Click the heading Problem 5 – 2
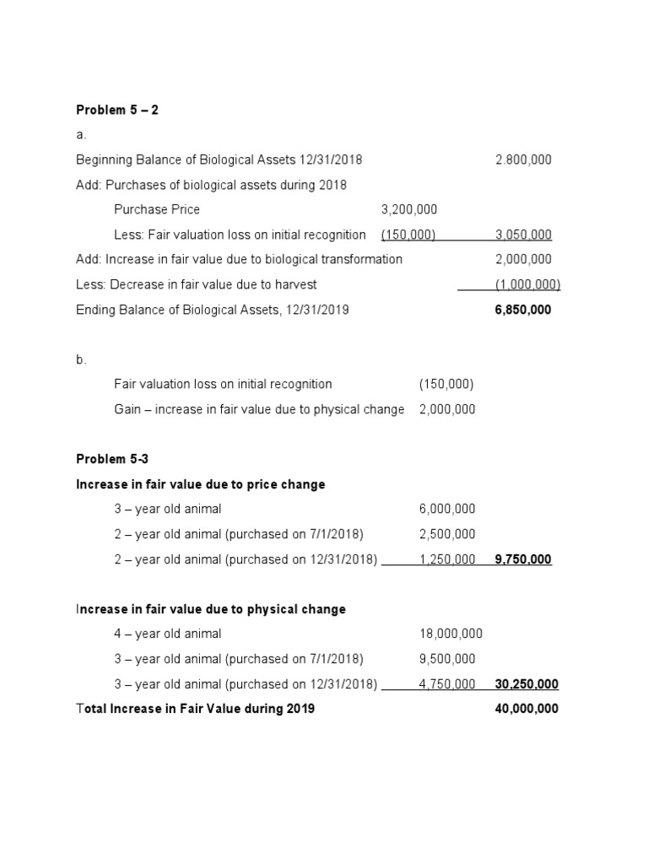click(x=117, y=110)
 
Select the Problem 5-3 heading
click(x=111, y=459)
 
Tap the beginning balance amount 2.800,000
click(x=523, y=159)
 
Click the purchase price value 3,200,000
click(x=409, y=209)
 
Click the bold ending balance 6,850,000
click(x=523, y=310)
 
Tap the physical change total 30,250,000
click(x=526, y=684)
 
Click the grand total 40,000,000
click(x=526, y=709)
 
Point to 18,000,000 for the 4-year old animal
click(x=451, y=634)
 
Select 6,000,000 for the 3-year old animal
click(x=447, y=509)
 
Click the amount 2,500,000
click(x=447, y=534)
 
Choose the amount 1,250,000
click(x=447, y=559)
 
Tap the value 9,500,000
click(x=447, y=659)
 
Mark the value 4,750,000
click(x=447, y=684)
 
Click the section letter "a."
click(x=81, y=135)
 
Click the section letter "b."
click(x=81, y=359)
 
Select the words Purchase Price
click(x=157, y=209)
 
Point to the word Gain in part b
click(x=128, y=409)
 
